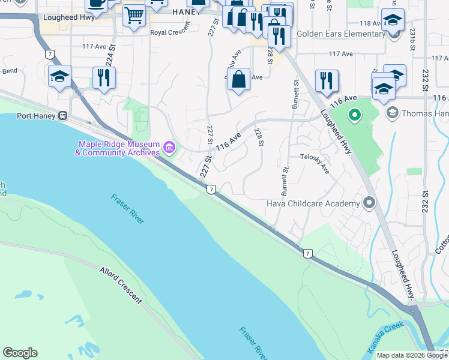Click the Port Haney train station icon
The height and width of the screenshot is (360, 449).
coord(62,116)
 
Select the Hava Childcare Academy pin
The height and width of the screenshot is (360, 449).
coord(369,203)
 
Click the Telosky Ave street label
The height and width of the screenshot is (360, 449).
coord(315,163)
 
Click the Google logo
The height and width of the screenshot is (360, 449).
coord(20,353)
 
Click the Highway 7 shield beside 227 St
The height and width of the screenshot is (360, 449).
coord(211,190)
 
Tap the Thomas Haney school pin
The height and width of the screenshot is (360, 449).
coord(393,113)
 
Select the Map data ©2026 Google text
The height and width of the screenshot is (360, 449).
coord(411,355)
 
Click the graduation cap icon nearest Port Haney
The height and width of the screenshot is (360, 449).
coord(59,77)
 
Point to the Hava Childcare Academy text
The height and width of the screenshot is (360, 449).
coord(313,204)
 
